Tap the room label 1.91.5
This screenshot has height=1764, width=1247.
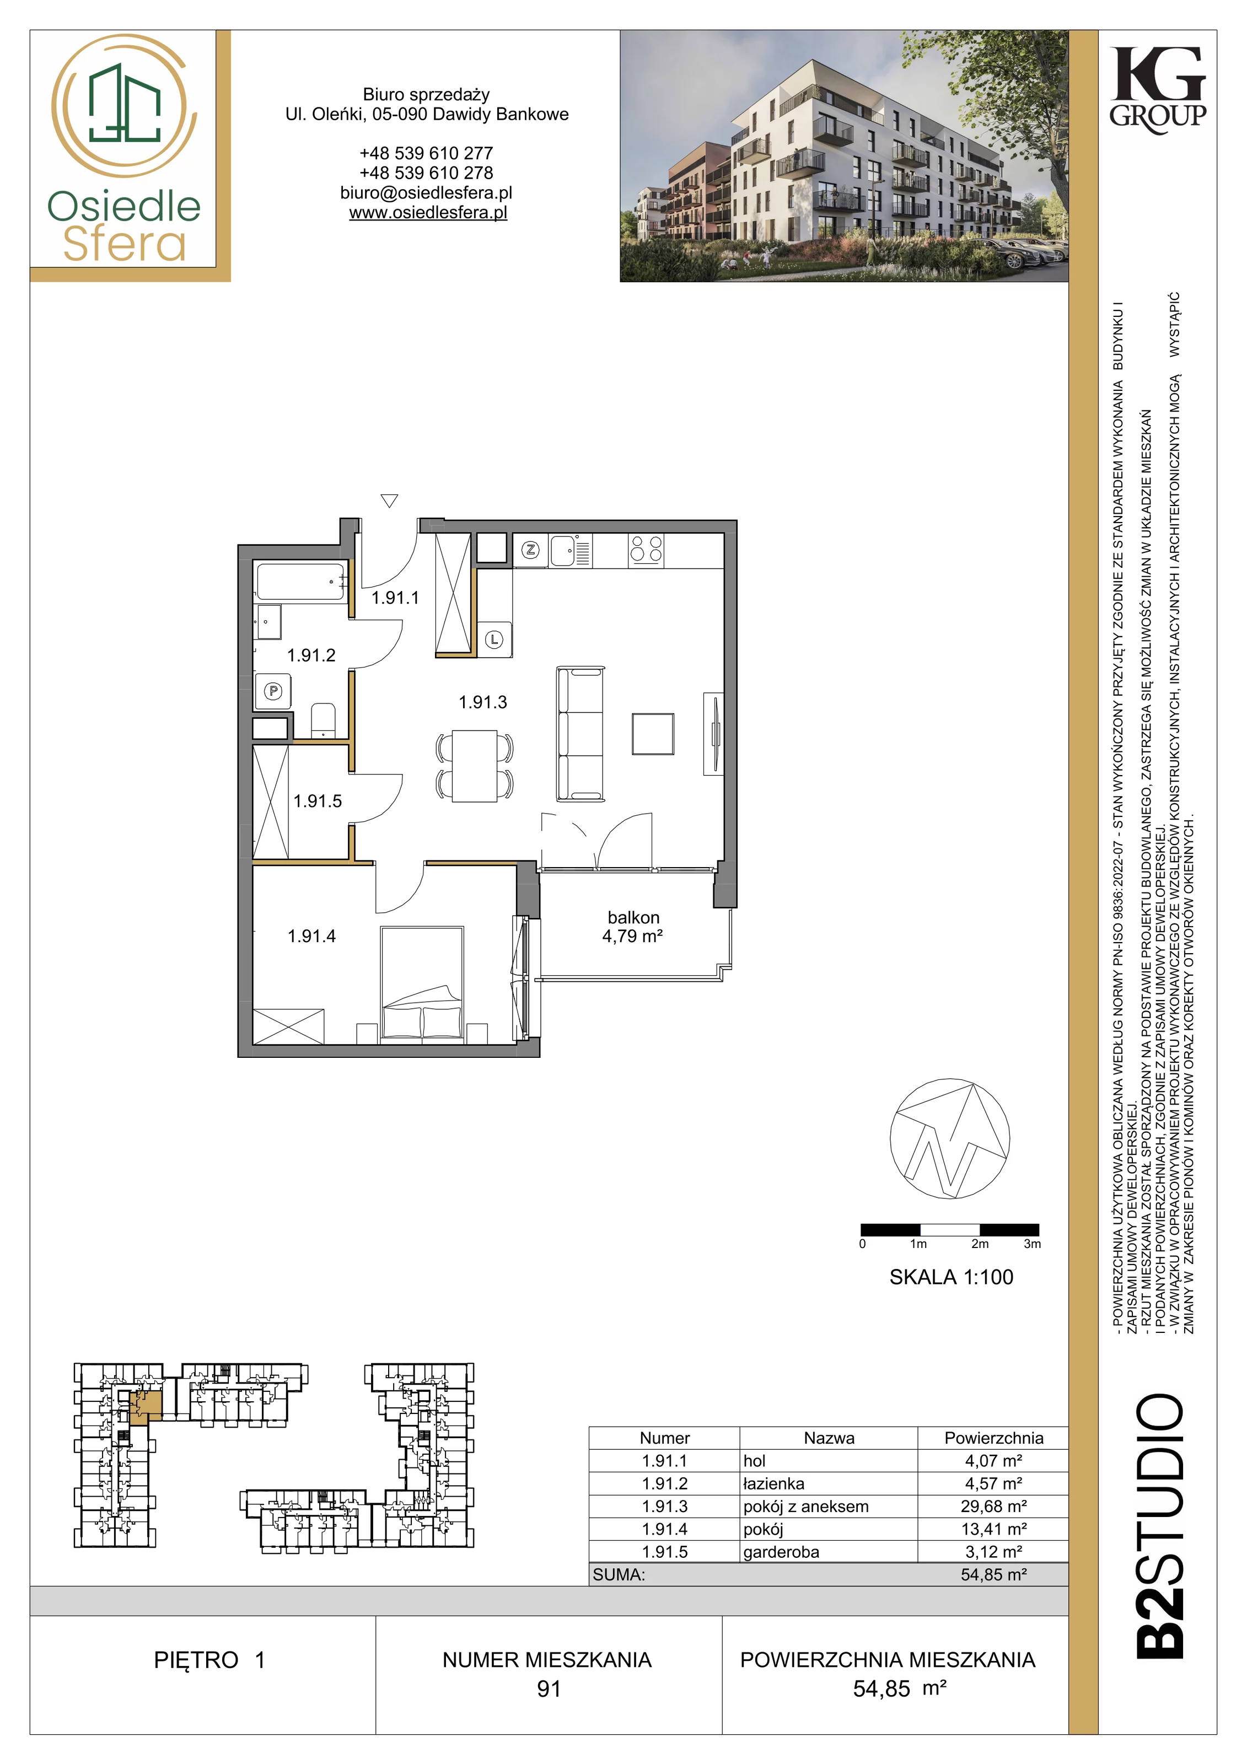click(x=318, y=802)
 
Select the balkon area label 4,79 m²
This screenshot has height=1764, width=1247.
click(x=632, y=936)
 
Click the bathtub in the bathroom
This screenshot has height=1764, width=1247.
click(x=300, y=582)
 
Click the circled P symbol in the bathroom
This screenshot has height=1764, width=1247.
click(x=273, y=691)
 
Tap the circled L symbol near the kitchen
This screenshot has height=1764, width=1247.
click(x=494, y=639)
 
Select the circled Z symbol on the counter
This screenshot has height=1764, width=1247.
click(x=531, y=550)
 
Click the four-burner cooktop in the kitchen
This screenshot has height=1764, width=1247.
click(x=646, y=550)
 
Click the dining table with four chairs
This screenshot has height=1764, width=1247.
click(x=475, y=767)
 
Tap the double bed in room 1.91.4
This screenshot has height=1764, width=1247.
click(x=422, y=985)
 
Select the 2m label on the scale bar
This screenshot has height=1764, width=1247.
click(x=980, y=1244)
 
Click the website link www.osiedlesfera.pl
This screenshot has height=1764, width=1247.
click(x=428, y=213)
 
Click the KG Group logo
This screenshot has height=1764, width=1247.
click(x=1158, y=90)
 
